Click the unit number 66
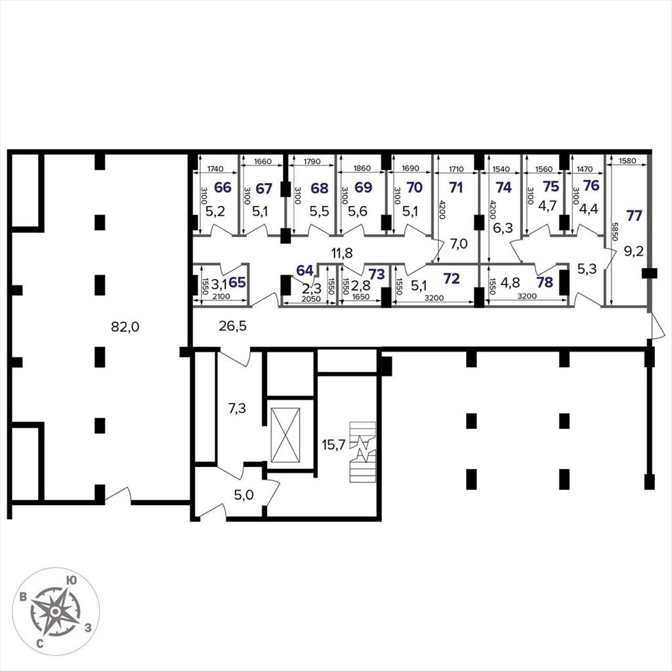tap(222, 187)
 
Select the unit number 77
tap(634, 216)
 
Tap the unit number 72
tap(451, 279)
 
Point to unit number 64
tap(304, 270)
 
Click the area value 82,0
tap(125, 327)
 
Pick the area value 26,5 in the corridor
tap(232, 326)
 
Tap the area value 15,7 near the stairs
tap(333, 445)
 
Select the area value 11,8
tap(341, 253)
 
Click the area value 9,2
tap(633, 251)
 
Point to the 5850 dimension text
tap(616, 232)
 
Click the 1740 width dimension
tap(215, 169)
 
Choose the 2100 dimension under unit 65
tap(221, 296)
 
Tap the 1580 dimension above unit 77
tap(628, 161)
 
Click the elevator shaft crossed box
tap(285, 435)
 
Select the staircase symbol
tap(362, 452)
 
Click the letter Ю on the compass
tap(72, 580)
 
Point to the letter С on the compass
tap(39, 643)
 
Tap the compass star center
tap(55, 611)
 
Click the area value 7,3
tap(237, 409)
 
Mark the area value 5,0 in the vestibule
tap(243, 495)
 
